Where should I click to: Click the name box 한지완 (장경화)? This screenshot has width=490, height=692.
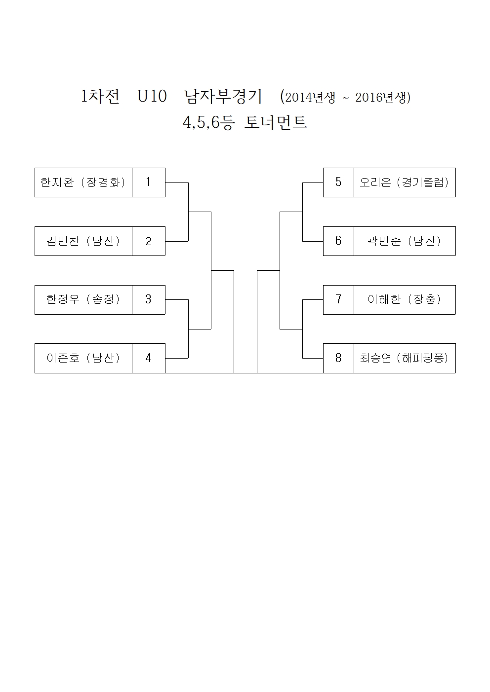[x=83, y=182]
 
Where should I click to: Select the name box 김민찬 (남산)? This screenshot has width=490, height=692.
[x=83, y=241]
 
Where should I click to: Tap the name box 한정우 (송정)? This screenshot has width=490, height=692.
[x=83, y=299]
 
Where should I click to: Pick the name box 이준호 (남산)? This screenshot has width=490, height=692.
[x=83, y=358]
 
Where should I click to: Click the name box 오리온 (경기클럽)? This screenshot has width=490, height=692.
[x=405, y=182]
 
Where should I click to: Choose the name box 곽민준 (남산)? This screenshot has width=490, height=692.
[x=405, y=241]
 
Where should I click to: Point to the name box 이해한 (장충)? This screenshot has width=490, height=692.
[x=405, y=299]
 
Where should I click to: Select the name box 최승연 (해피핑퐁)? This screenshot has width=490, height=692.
[x=405, y=358]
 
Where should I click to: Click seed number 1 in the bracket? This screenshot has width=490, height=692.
[x=148, y=182]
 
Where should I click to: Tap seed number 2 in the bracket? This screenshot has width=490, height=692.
[x=148, y=241]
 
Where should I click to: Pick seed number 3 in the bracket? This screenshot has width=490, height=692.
[x=148, y=299]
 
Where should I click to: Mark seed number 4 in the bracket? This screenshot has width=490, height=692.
[x=148, y=358]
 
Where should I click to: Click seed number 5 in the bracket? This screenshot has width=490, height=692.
[x=338, y=182]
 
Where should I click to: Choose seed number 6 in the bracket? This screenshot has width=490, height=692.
[x=338, y=241]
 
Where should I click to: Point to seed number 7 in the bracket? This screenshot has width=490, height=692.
[x=338, y=299]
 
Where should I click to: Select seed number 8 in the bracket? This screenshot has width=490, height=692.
[x=338, y=358]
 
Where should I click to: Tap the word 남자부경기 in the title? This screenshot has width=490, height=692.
[x=223, y=97]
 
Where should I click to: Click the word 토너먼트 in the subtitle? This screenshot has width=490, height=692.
[x=276, y=122]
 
